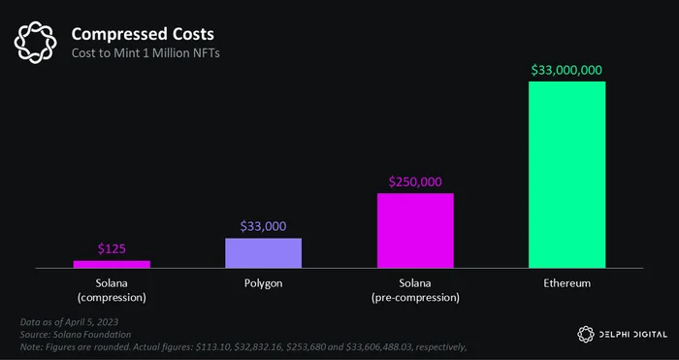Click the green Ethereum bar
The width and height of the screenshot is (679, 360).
[x=566, y=175]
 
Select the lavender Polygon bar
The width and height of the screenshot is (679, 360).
[x=263, y=253]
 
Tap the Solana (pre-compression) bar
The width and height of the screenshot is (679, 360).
[x=415, y=231]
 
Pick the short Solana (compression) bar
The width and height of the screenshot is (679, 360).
[x=112, y=264]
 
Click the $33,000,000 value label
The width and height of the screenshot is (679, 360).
[x=566, y=70]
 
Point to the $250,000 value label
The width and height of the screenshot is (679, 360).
[x=415, y=182]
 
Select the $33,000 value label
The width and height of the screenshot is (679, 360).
[x=263, y=226]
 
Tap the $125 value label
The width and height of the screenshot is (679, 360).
[x=112, y=248]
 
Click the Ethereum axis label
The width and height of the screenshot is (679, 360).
[x=566, y=283]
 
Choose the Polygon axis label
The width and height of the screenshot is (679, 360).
[x=263, y=284]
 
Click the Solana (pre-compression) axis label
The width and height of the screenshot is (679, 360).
[x=415, y=291]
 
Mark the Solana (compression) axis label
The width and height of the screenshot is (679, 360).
[x=112, y=291]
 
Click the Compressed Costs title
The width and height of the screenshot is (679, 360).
[x=143, y=34]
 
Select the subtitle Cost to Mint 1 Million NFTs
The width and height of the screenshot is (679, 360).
[x=145, y=53]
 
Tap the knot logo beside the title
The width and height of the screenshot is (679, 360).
[x=35, y=42]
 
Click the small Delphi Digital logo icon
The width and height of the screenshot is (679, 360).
[x=586, y=335]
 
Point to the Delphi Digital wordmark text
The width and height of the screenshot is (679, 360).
[x=633, y=335]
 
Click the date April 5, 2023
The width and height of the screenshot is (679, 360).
[x=91, y=322]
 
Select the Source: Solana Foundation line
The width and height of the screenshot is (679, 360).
[x=76, y=335]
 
